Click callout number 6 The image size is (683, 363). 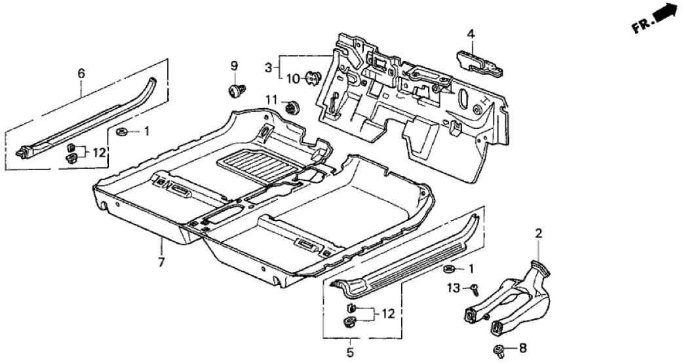[81, 73]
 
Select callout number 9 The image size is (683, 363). [234, 66]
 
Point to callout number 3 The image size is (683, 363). [269, 67]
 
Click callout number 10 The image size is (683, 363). [292, 79]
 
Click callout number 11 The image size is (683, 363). [272, 99]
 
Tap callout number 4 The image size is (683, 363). [471, 33]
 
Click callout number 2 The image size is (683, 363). [539, 233]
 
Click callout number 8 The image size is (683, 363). [522, 348]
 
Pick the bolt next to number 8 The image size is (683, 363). [500, 349]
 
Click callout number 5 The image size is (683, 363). [349, 352]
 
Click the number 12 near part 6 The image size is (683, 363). [99, 152]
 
